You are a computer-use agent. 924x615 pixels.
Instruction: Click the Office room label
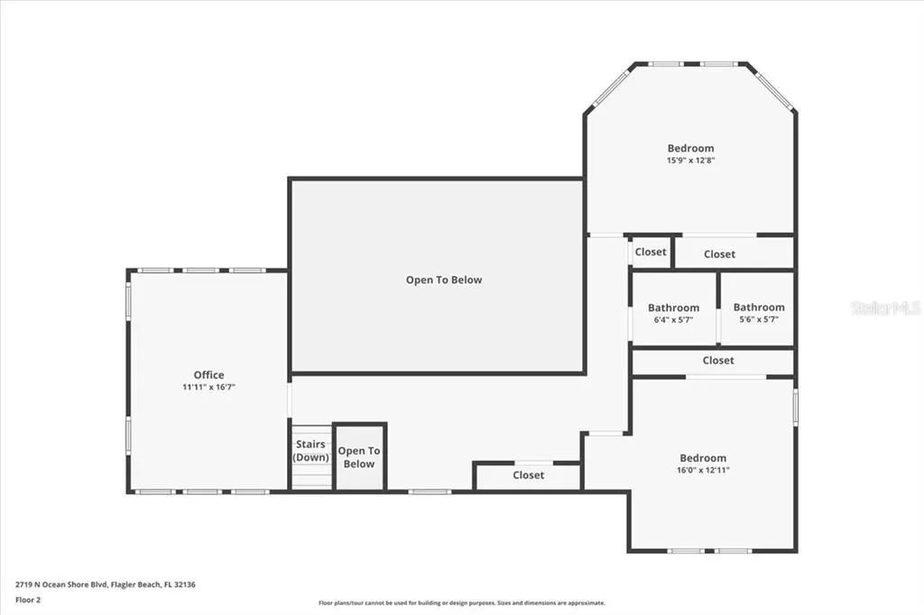click(x=208, y=374)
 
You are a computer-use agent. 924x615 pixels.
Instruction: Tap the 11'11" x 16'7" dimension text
click(x=208, y=387)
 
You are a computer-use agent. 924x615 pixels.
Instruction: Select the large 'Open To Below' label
click(x=444, y=280)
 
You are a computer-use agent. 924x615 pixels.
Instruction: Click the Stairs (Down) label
click(x=310, y=451)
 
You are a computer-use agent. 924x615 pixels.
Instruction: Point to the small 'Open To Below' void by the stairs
click(x=359, y=457)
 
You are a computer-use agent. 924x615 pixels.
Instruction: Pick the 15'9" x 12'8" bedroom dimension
click(x=690, y=161)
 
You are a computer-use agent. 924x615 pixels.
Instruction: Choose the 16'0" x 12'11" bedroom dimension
click(x=703, y=470)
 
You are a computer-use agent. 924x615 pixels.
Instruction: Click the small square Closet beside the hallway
click(x=651, y=252)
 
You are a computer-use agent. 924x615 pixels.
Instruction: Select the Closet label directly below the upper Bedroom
click(x=719, y=254)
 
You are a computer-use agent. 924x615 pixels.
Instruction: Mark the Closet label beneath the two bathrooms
click(x=718, y=360)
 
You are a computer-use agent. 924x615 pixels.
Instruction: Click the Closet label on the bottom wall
click(x=529, y=475)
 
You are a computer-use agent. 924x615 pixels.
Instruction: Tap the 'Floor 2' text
click(x=28, y=601)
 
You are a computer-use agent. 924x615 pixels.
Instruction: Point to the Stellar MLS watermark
click(x=886, y=307)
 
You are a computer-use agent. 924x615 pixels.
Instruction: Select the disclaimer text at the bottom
click(x=462, y=603)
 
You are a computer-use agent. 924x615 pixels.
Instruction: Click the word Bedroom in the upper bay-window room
click(x=690, y=149)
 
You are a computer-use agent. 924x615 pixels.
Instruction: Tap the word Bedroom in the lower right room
click(x=703, y=458)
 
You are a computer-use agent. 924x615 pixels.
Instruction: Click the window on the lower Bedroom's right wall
click(x=795, y=406)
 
